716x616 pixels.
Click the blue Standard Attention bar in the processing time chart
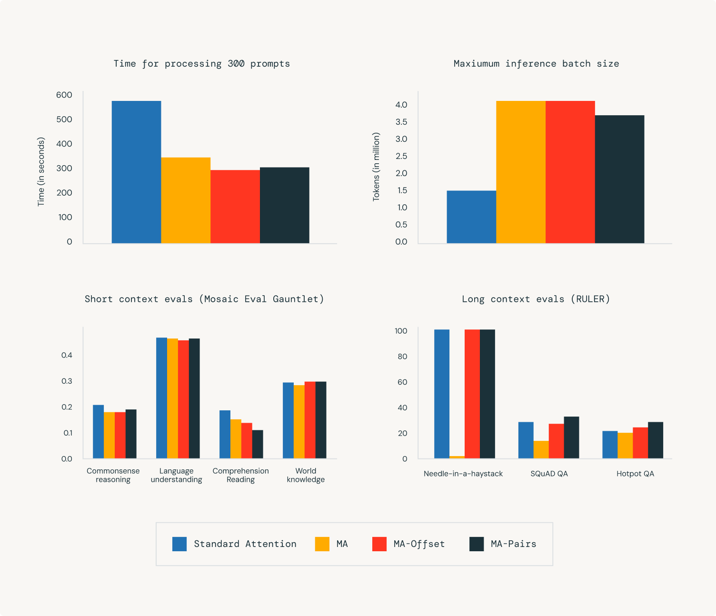pyautogui.click(x=136, y=172)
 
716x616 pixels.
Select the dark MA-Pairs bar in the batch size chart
pyautogui.click(x=619, y=179)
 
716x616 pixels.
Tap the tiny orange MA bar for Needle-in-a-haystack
pyautogui.click(x=457, y=457)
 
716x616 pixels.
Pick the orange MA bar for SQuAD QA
pyautogui.click(x=541, y=449)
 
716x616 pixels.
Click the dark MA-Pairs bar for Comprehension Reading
pyautogui.click(x=258, y=444)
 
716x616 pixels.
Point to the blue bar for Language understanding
pyautogui.click(x=161, y=398)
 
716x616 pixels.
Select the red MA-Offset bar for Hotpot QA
pyautogui.click(x=640, y=443)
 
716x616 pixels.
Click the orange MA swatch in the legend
pyautogui.click(x=322, y=544)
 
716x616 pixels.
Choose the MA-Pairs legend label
pyautogui.click(x=513, y=544)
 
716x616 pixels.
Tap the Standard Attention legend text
pyautogui.click(x=245, y=544)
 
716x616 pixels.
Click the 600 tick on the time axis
pyautogui.click(x=64, y=95)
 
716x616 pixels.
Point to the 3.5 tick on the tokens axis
pyautogui.click(x=401, y=122)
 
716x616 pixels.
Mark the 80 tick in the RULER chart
pyautogui.click(x=402, y=357)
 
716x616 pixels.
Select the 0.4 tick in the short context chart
pyautogui.click(x=67, y=355)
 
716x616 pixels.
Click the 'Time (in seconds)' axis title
pyautogui.click(x=41, y=171)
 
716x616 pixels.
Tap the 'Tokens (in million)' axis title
pyautogui.click(x=376, y=167)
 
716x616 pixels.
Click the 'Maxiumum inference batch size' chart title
pyautogui.click(x=536, y=64)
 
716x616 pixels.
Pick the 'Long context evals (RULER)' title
pyautogui.click(x=536, y=299)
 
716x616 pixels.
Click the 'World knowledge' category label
pyautogui.click(x=306, y=475)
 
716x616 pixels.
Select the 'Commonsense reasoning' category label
pyautogui.click(x=113, y=475)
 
